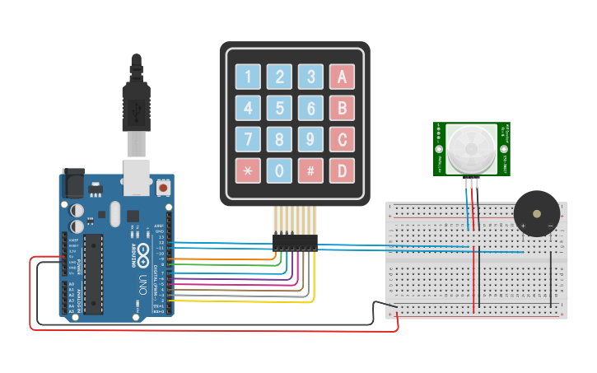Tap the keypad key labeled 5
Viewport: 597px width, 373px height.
point(279,108)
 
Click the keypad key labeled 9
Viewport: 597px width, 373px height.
point(310,139)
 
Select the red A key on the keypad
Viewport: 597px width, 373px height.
point(342,77)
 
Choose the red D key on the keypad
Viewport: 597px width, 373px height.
point(342,170)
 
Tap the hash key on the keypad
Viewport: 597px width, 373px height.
point(310,170)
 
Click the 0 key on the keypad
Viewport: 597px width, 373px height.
point(279,170)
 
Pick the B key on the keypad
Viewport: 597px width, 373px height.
point(342,108)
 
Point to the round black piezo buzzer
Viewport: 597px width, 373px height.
point(536,213)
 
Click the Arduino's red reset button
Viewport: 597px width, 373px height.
point(163,189)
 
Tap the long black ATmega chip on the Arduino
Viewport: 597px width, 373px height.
point(93,273)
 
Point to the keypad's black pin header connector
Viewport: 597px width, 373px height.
point(295,242)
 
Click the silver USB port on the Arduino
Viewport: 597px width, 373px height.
point(138,177)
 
